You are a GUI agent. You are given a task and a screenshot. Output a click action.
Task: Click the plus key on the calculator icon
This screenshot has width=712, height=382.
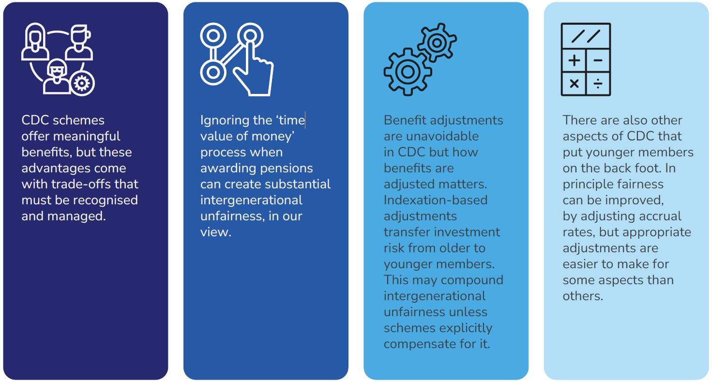pyautogui.click(x=574, y=60)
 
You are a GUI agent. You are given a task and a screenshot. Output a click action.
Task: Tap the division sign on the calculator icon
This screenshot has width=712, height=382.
pyautogui.click(x=598, y=84)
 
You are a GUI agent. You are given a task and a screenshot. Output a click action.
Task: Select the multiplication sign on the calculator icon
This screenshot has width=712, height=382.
pyautogui.click(x=574, y=84)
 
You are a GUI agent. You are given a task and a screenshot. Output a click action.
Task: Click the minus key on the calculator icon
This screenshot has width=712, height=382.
pyautogui.click(x=598, y=60)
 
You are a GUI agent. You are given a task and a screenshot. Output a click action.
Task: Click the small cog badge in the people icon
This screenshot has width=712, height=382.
pyautogui.click(x=82, y=83)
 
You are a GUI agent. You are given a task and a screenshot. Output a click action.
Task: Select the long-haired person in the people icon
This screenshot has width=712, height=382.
pyautogui.click(x=35, y=41)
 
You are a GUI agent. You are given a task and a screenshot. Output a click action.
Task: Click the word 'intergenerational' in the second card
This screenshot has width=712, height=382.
pyautogui.click(x=251, y=200)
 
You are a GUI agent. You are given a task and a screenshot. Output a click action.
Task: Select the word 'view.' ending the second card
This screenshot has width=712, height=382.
pyautogui.click(x=216, y=232)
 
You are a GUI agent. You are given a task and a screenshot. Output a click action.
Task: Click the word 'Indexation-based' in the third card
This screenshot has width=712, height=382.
pyautogui.click(x=436, y=200)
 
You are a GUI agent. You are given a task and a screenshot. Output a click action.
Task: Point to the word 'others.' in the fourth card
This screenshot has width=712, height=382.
pyautogui.click(x=583, y=296)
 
